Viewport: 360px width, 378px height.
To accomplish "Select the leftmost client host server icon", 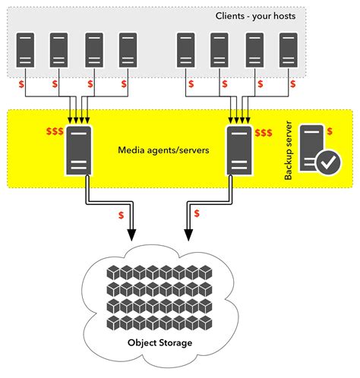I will (26, 50).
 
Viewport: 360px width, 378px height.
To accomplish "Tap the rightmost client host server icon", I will (287, 50).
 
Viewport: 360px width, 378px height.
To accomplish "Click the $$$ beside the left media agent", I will (54, 132).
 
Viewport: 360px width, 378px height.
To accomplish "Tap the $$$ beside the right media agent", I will (264, 134).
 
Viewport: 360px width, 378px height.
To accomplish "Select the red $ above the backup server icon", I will (328, 131).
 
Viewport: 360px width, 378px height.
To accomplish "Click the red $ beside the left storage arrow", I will (122, 215).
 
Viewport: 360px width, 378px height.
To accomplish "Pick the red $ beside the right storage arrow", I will (197, 213).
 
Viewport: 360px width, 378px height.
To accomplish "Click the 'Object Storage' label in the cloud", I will (160, 343).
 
